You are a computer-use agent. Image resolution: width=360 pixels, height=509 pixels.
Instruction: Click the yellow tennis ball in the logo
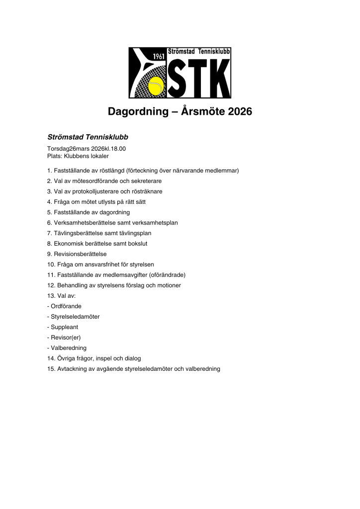[157, 86]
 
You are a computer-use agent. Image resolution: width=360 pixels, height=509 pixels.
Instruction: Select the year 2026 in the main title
[240, 112]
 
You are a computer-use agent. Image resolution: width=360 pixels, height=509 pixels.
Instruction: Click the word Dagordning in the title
[135, 112]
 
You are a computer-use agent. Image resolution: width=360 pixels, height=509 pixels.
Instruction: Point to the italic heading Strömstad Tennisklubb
[88, 136]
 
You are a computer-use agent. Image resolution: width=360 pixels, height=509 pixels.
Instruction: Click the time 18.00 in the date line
[117, 148]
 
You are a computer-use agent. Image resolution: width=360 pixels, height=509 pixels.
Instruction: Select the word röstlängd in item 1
[112, 170]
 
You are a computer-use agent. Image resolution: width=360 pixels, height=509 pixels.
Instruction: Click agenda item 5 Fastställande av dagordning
[89, 212]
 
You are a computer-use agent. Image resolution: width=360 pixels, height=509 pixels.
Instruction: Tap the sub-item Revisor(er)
[64, 338]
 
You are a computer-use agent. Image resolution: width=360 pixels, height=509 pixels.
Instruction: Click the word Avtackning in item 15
[73, 369]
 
